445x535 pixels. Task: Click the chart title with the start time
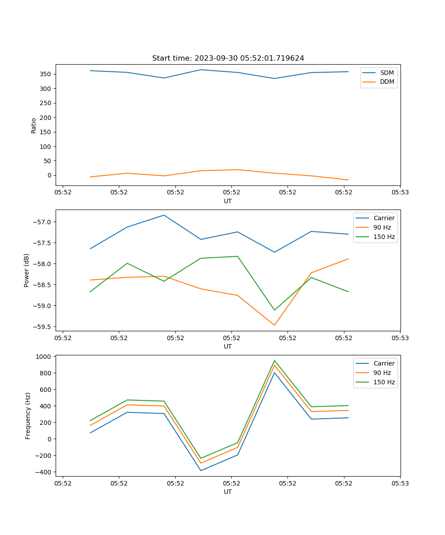pyautogui.click(x=228, y=58)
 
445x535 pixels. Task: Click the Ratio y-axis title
pyautogui.click(x=34, y=125)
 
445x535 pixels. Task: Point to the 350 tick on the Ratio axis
pyautogui.click(x=46, y=74)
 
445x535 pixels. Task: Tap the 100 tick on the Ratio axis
pyautogui.click(x=46, y=146)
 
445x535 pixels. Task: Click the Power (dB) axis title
pyautogui.click(x=27, y=270)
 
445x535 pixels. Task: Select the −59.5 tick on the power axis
pyautogui.click(x=43, y=327)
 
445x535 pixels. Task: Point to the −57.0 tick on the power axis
pyautogui.click(x=43, y=222)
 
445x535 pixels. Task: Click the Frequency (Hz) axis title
pyautogui.click(x=28, y=416)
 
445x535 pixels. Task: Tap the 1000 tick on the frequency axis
pyautogui.click(x=44, y=357)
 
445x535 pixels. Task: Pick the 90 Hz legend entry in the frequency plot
pyautogui.click(x=382, y=373)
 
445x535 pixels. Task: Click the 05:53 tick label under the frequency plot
pyautogui.click(x=400, y=483)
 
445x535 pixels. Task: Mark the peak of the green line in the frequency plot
pyautogui.click(x=275, y=360)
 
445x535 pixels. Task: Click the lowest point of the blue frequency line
pyautogui.click(x=201, y=470)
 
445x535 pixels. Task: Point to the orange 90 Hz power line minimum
pyautogui.click(x=275, y=325)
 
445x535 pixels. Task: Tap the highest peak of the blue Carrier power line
pyautogui.click(x=164, y=215)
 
